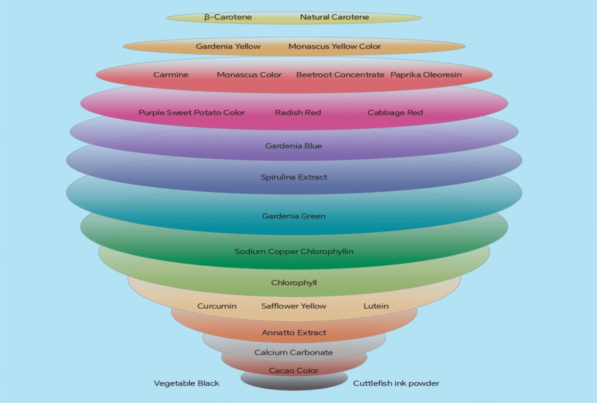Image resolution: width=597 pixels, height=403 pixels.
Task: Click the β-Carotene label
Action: [228, 18]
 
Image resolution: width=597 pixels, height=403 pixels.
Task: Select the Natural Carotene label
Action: [334, 18]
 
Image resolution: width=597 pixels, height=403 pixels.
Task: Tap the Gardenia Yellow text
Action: [228, 47]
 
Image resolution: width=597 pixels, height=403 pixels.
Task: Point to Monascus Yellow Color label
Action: [335, 47]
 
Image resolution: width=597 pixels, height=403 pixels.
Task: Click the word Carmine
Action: [171, 75]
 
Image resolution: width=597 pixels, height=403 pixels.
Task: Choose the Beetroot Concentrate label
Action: [340, 75]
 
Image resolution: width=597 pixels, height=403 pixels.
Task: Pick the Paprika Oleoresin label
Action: [426, 75]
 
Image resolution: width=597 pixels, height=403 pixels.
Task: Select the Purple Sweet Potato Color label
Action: [191, 112]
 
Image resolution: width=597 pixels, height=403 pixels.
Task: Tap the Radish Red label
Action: [298, 112]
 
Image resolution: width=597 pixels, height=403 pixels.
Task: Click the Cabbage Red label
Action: [395, 112]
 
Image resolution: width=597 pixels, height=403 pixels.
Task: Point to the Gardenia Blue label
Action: [293, 146]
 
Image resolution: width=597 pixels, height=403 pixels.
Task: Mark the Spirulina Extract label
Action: [294, 177]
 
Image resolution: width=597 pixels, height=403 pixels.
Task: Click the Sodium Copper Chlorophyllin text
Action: [294, 252]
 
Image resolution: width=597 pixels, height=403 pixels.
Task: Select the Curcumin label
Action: [217, 306]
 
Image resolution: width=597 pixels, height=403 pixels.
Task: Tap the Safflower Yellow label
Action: [294, 306]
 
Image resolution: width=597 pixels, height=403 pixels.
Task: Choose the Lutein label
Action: [376, 306]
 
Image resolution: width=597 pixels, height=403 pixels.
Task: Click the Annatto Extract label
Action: [294, 333]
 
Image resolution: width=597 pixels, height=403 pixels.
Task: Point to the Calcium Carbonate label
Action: [294, 352]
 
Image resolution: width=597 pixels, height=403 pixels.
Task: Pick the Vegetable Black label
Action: [187, 383]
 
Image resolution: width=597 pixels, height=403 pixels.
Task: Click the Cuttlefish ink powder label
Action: [396, 383]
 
